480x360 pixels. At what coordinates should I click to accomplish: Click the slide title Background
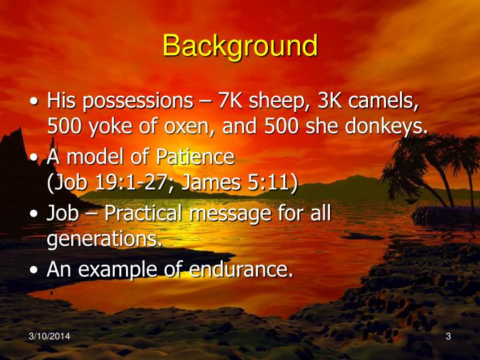point(240,46)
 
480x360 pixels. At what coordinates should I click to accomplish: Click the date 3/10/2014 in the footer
point(49,337)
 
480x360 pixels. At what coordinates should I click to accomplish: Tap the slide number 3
point(449,337)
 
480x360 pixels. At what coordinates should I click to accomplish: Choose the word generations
point(105,238)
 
